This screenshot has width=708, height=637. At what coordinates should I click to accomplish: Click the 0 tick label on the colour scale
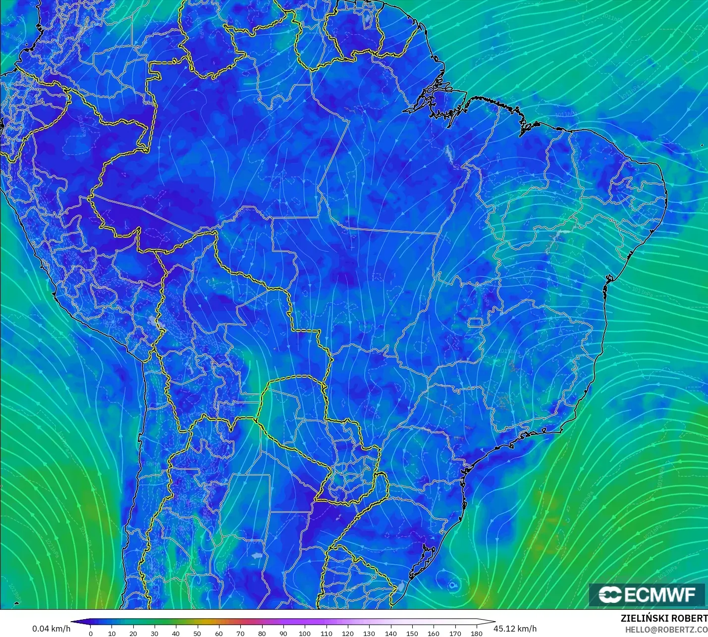(90, 633)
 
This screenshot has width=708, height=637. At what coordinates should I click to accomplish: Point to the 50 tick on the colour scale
(197, 633)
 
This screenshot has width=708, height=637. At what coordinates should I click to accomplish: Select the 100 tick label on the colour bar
(305, 633)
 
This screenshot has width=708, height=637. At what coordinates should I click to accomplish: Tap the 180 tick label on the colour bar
(476, 633)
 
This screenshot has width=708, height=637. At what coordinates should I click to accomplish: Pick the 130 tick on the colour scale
(369, 633)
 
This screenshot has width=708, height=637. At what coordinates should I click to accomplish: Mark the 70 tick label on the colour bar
(240, 633)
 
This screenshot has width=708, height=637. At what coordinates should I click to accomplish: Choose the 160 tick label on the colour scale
(434, 633)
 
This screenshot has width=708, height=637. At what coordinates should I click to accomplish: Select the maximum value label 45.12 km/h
(515, 629)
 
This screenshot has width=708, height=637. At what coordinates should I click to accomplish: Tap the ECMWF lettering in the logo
(660, 594)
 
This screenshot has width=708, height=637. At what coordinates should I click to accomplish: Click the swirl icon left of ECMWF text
(610, 594)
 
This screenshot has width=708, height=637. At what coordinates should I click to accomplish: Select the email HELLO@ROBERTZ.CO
(666, 630)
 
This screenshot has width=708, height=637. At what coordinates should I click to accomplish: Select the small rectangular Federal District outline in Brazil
(476, 323)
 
